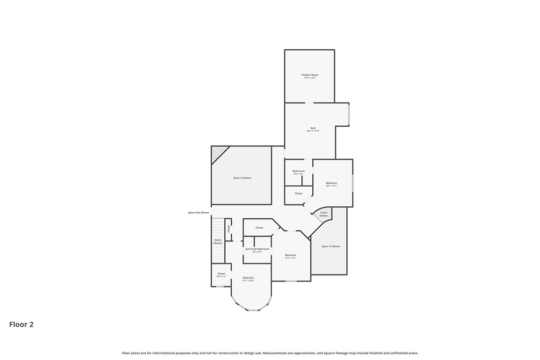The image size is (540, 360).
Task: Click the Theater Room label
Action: point(309,75)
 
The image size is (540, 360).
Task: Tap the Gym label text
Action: point(313,128)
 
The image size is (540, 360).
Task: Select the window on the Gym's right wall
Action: point(349,114)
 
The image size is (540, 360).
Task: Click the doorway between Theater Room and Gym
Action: point(309,103)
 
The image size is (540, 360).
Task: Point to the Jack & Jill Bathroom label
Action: point(257,249)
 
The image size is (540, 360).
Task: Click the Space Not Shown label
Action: point(198,213)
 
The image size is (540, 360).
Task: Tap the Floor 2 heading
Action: point(21,325)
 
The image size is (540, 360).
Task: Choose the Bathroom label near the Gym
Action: point(298,171)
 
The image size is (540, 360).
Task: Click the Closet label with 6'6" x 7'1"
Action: point(221,274)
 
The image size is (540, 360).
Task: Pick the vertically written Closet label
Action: point(229,229)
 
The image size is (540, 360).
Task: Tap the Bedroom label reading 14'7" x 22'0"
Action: point(248,278)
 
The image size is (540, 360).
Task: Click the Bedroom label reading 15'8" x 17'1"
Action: point(332,183)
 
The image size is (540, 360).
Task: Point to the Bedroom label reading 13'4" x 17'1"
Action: point(290,256)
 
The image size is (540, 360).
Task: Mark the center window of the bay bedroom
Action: point(253,310)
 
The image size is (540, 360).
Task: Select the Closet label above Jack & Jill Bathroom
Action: point(259,228)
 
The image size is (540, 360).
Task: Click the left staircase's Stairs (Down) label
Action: point(218,241)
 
